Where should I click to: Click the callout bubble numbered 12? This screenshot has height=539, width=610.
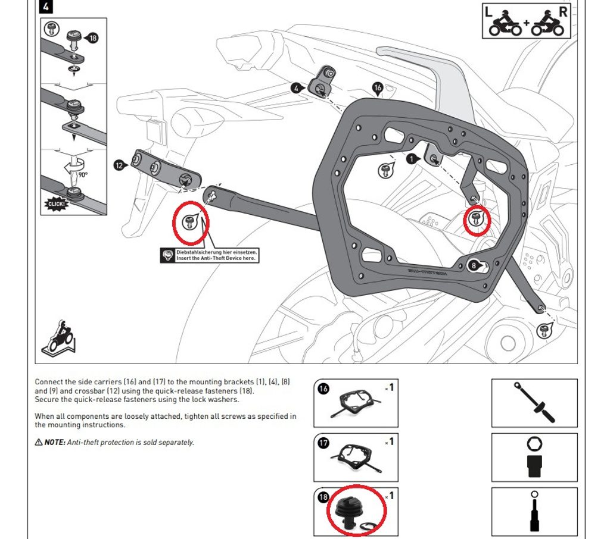(x=119, y=165)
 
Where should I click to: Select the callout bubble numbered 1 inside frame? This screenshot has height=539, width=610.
(x=411, y=159)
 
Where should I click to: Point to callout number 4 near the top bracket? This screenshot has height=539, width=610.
(x=296, y=87)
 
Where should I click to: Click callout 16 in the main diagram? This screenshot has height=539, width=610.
(x=377, y=88)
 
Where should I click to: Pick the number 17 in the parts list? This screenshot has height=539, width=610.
(x=323, y=443)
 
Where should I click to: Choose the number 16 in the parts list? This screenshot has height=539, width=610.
(x=323, y=389)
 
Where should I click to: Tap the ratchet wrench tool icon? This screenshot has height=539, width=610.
(x=534, y=403)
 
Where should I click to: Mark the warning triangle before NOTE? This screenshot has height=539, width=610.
(x=39, y=443)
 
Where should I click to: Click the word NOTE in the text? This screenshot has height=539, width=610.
(x=55, y=443)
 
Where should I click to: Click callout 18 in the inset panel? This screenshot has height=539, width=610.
(x=92, y=38)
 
